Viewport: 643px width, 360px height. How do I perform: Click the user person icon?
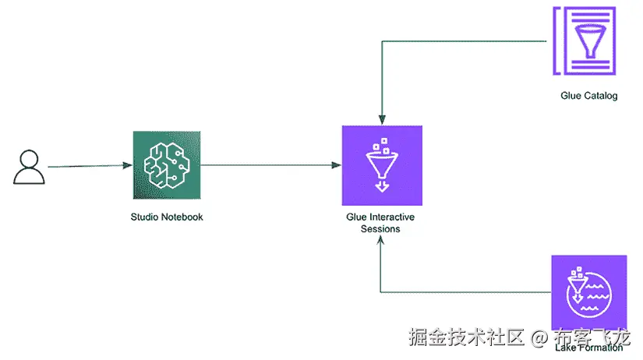coord(28,167)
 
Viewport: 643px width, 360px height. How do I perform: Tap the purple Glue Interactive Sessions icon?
coord(382,164)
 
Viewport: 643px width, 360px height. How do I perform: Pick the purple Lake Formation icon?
coord(589,293)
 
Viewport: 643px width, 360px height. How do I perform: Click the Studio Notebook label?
coord(167,217)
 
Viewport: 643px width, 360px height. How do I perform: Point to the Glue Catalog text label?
coord(589,97)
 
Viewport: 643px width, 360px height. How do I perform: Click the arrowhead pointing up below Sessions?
coord(381,242)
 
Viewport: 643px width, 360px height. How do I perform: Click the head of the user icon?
coord(28,158)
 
